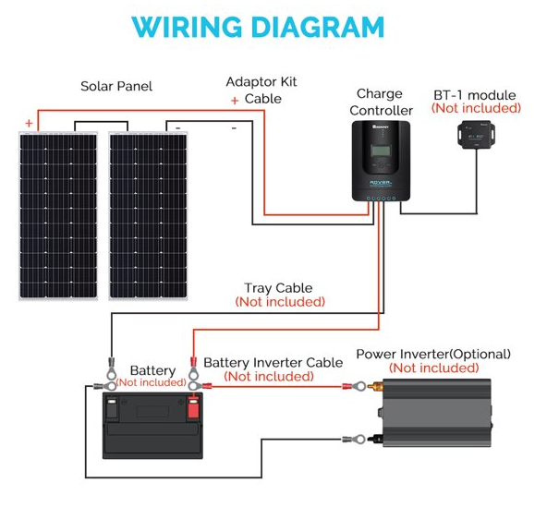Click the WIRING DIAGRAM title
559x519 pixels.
258,27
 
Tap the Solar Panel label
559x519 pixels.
116,86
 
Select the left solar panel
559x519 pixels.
58,216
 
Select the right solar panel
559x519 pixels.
148,216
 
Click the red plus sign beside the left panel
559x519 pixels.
29,123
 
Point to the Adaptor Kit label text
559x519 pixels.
261,82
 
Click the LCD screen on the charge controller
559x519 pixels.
381,151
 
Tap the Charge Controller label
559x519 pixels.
381,103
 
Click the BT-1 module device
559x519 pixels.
476,134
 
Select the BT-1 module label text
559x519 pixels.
475,95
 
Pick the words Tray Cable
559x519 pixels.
278,288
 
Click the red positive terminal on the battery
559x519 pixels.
193,407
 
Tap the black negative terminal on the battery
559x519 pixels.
112,407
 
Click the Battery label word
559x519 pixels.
153,371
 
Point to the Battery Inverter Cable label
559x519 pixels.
273,363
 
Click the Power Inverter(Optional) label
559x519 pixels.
433,354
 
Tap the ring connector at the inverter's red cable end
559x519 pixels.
359,386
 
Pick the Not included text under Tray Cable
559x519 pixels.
280,302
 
